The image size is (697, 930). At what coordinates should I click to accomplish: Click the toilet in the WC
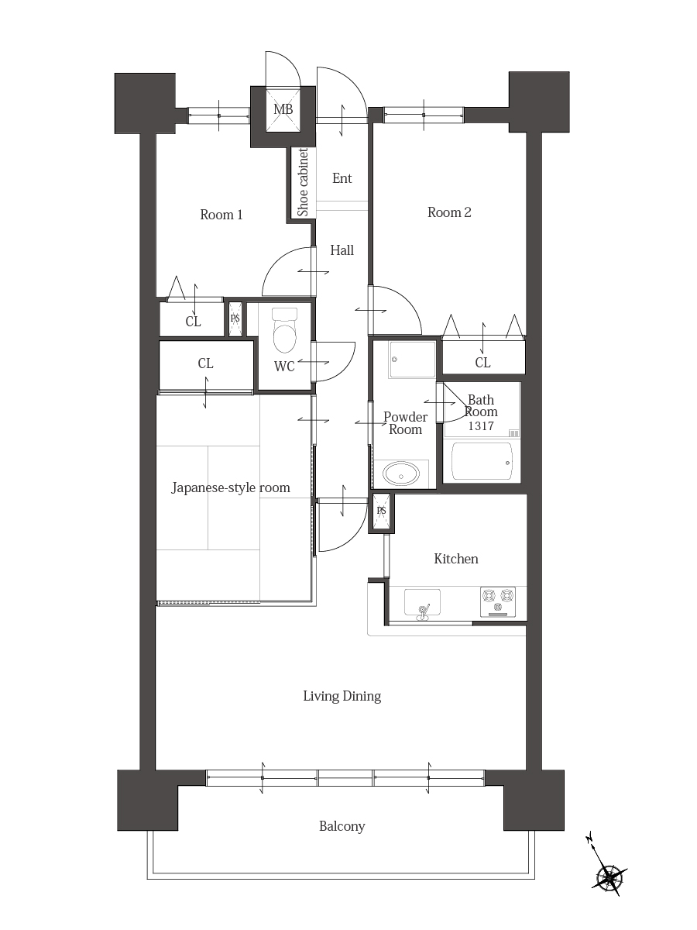click(285, 330)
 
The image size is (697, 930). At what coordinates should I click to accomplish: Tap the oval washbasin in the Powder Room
click(400, 474)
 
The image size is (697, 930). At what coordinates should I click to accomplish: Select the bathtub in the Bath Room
click(482, 461)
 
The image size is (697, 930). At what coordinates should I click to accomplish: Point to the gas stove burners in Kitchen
click(498, 601)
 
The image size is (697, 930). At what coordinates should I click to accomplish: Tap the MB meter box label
click(283, 109)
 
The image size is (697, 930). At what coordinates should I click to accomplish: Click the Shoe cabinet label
click(303, 182)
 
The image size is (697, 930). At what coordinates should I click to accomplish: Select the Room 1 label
click(221, 215)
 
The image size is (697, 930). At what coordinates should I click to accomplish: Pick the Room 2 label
click(449, 212)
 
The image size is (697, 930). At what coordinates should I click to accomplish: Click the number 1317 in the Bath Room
click(481, 425)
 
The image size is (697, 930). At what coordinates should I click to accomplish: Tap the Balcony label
click(342, 827)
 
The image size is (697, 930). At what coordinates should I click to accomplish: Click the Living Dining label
click(342, 697)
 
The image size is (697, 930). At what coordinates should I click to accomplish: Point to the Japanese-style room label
click(231, 487)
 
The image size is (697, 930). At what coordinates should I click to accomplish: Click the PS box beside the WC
click(235, 319)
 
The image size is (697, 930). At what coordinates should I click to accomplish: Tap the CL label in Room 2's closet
click(482, 363)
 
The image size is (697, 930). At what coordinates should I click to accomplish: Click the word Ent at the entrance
click(342, 178)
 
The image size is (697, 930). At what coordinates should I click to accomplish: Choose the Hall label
click(342, 250)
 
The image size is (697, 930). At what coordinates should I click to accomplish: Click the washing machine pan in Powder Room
click(413, 360)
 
